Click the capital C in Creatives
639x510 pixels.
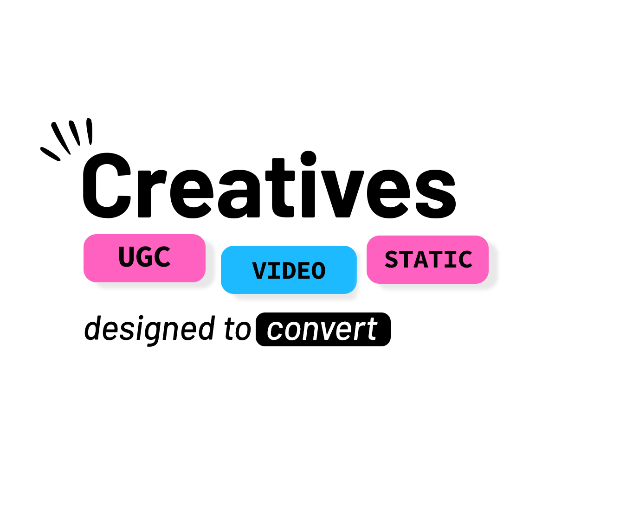pos(106,185)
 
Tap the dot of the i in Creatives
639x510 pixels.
pos(308,159)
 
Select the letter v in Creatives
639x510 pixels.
pos(342,194)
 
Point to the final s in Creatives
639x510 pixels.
pos(436,194)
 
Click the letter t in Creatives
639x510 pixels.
pos(280,187)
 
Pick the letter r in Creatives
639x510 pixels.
pos(152,194)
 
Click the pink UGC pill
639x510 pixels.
pos(144,258)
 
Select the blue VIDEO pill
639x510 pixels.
pos(289,270)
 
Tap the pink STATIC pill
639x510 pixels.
pos(427,260)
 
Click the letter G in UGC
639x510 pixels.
pos(144,257)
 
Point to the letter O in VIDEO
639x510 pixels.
pos(318,271)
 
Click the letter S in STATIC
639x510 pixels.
pos(391,259)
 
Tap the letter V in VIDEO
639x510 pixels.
pos(259,270)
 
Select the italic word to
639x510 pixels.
pos(238,329)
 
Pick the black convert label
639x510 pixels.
pos(323,329)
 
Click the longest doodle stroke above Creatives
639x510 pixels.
pos(61,138)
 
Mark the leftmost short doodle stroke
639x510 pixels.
pos(50,154)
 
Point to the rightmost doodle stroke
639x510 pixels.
pos(90,131)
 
